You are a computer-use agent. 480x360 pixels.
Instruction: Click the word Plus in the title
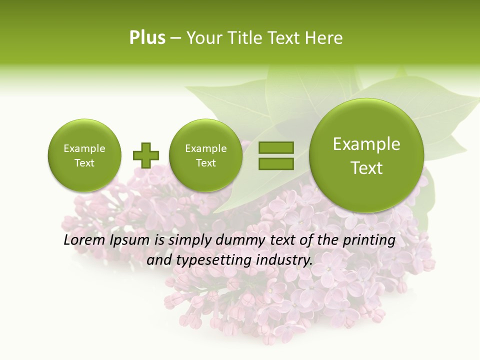(x=147, y=38)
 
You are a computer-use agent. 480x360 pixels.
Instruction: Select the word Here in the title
(x=325, y=38)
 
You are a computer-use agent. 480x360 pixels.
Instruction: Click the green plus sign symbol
(x=145, y=155)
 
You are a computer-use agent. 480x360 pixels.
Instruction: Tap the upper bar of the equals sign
(x=276, y=147)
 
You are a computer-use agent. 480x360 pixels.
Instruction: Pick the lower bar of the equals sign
(x=276, y=163)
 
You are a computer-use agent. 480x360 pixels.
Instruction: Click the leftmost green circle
(x=84, y=155)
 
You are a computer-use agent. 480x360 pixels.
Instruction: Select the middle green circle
(x=206, y=155)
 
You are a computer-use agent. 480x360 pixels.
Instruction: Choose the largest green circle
(x=366, y=155)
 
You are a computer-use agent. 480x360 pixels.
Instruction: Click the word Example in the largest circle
(x=366, y=144)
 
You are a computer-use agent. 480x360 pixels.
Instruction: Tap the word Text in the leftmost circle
(x=84, y=163)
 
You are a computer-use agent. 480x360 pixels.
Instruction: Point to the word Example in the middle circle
(x=206, y=148)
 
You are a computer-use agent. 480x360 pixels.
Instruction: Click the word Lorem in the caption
(x=83, y=240)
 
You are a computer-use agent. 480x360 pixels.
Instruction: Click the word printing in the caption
(x=368, y=240)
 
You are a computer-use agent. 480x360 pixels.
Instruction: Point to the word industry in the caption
(x=284, y=260)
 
